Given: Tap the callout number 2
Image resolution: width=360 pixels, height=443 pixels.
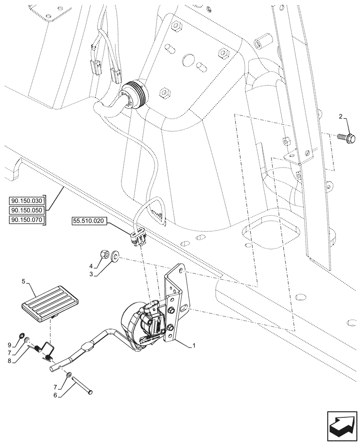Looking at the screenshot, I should click(340, 117).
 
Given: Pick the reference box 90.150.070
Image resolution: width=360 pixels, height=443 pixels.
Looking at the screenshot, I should click(26, 220).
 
